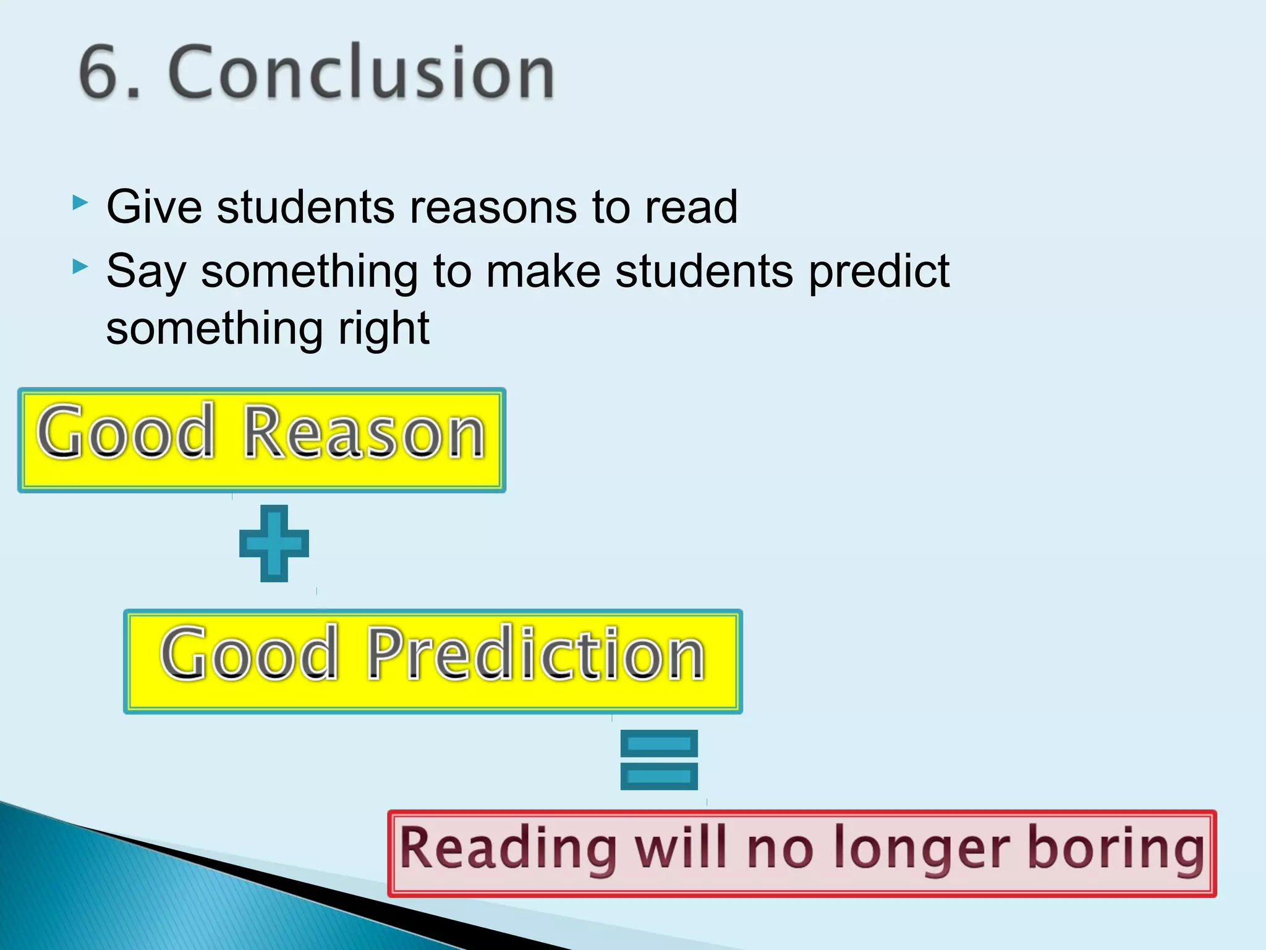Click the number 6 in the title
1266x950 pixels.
(x=103, y=73)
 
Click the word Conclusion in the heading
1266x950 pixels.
(x=362, y=73)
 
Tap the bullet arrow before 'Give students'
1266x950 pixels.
(x=80, y=203)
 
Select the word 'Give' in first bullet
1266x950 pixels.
(x=154, y=207)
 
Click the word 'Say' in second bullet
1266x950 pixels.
(x=146, y=272)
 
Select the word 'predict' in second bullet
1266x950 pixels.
(x=878, y=272)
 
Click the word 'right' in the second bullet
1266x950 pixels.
(x=383, y=329)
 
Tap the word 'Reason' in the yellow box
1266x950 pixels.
(x=364, y=432)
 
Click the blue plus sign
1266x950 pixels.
(x=274, y=543)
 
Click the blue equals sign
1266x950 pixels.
(x=659, y=760)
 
